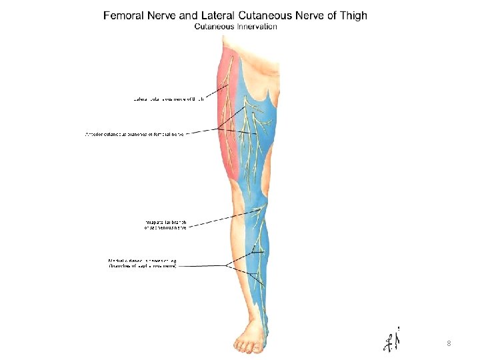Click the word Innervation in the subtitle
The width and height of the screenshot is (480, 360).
pyautogui.click(x=257, y=27)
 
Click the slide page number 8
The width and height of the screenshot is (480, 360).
pyautogui.click(x=449, y=343)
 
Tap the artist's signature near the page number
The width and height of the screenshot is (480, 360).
pyautogui.click(x=392, y=340)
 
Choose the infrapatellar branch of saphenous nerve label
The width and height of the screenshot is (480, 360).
pyautogui.click(x=170, y=224)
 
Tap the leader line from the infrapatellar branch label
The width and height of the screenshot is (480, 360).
pyautogui.click(x=227, y=219)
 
